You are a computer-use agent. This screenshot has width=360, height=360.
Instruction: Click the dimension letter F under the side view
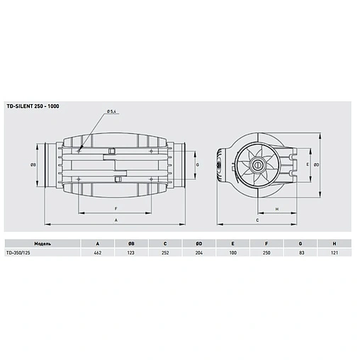[115, 208]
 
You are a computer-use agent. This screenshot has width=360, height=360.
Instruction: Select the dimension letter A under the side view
[115, 220]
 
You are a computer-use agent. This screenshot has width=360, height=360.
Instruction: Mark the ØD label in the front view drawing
[317, 164]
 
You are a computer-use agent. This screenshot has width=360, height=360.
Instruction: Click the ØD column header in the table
[199, 242]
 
